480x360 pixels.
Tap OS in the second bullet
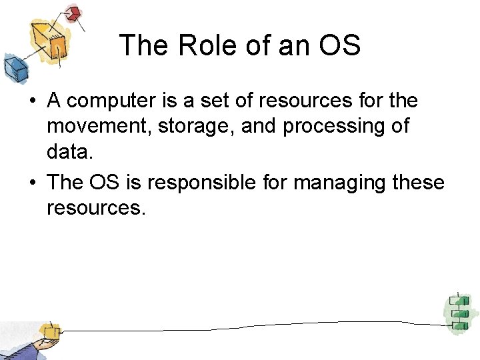pyautogui.click(x=103, y=183)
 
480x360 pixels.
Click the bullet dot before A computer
pyautogui.click(x=31, y=102)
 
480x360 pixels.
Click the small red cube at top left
pyautogui.click(x=73, y=13)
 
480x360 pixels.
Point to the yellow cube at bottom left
pyautogui.click(x=47, y=331)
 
